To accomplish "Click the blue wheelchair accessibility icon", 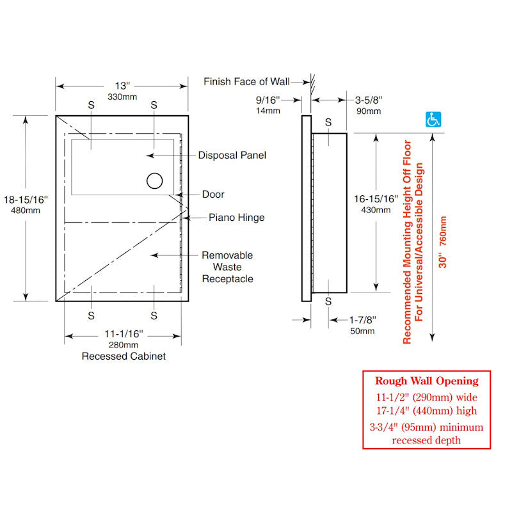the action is (433, 120).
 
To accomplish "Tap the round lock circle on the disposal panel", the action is (154, 180).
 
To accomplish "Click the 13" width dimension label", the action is (122, 86).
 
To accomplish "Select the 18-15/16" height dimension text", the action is (26, 200).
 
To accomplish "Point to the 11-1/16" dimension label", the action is (124, 334).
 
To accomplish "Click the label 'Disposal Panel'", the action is (232, 155).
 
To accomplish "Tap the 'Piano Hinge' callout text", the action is (237, 218).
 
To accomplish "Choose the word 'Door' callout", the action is (213, 195).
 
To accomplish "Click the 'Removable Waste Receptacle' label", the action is (228, 267).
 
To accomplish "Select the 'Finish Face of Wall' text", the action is (246, 81).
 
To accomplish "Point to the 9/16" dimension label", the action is (268, 100).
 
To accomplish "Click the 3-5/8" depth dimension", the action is (369, 100).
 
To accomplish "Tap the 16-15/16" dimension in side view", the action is (376, 199).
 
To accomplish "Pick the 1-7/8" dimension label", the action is (362, 319).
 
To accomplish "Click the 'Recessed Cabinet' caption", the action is (124, 356).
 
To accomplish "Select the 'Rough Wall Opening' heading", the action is (427, 381).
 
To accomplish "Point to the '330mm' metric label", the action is (122, 97).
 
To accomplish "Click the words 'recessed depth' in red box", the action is (426, 440).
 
